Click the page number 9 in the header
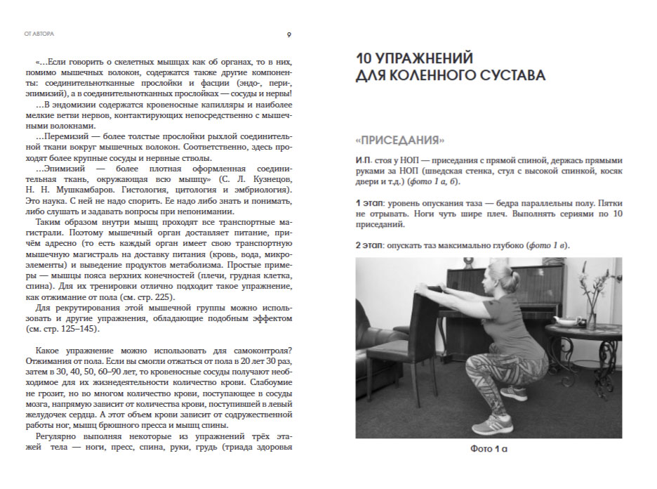(290, 34)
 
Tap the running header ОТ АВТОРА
(39, 34)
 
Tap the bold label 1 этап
(369, 203)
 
